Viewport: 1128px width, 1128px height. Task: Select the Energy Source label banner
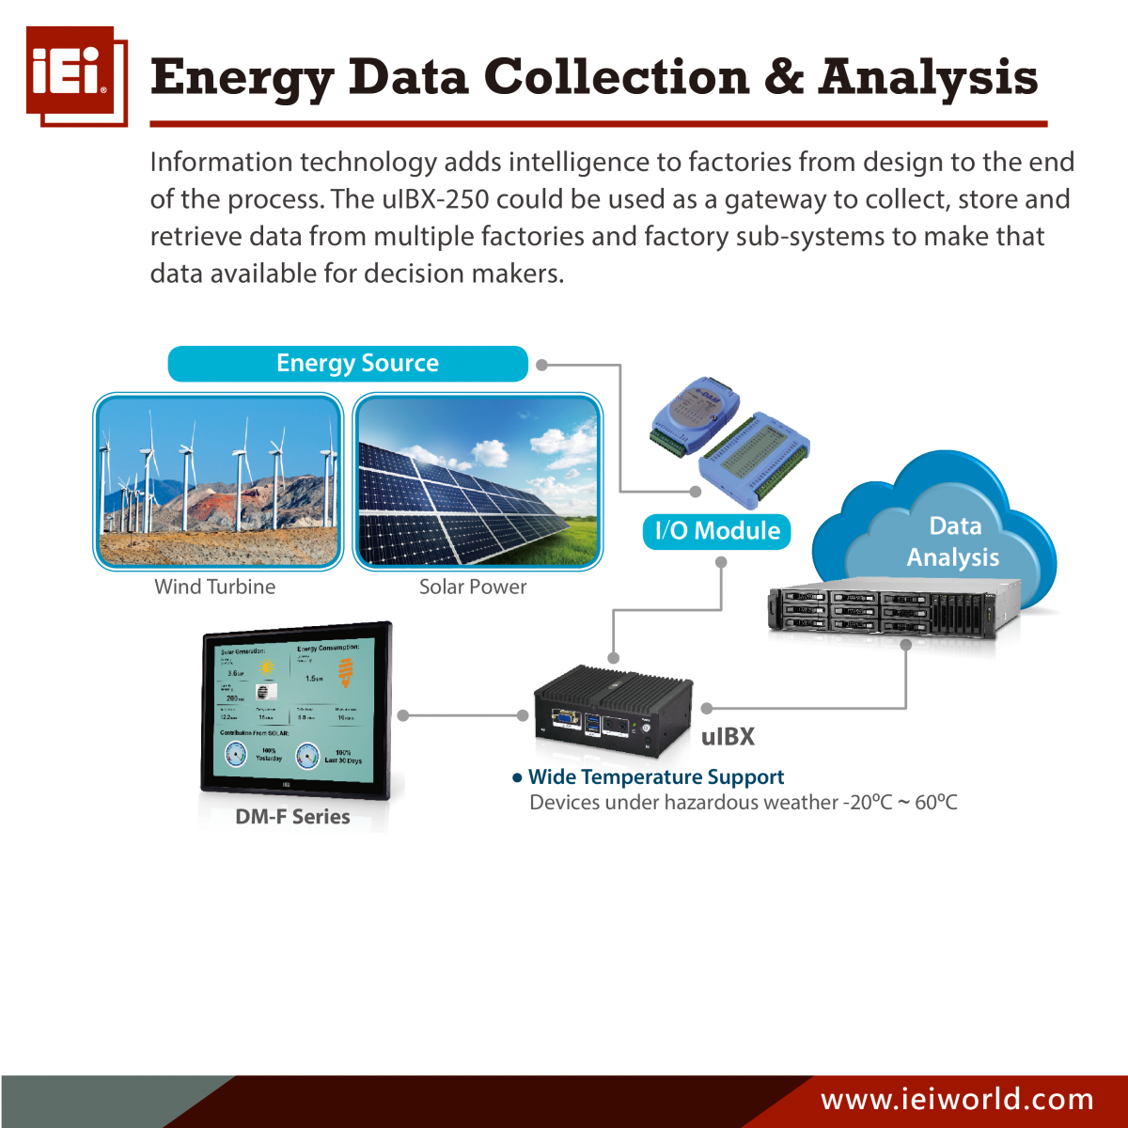point(348,364)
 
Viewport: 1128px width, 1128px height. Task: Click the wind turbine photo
point(218,480)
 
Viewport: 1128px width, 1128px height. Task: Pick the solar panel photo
point(478,480)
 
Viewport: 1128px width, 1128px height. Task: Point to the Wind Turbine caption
point(215,587)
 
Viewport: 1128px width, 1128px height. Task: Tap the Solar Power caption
point(473,587)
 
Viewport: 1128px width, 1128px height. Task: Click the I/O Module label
point(717,531)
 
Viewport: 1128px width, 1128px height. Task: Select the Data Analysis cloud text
point(953,541)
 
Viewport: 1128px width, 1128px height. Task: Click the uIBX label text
point(728,737)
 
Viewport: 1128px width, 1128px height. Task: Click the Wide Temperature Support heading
point(655,777)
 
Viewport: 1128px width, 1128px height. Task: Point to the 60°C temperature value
point(936,803)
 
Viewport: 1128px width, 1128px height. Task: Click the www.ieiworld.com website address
point(957,1099)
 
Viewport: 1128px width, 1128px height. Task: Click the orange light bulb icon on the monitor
point(346,671)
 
